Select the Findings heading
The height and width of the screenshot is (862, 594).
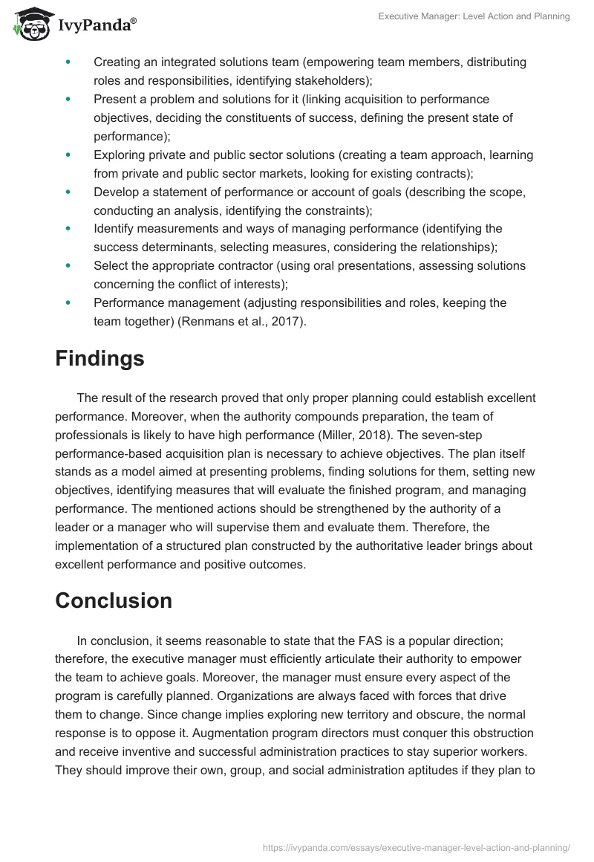(x=99, y=359)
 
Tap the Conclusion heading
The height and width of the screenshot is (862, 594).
(x=113, y=600)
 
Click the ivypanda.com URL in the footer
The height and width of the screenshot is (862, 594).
(x=417, y=846)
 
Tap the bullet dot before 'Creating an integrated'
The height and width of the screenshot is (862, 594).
(x=69, y=62)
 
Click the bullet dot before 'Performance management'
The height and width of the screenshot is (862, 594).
(x=69, y=303)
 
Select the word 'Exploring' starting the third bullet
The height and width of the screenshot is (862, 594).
(x=120, y=155)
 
